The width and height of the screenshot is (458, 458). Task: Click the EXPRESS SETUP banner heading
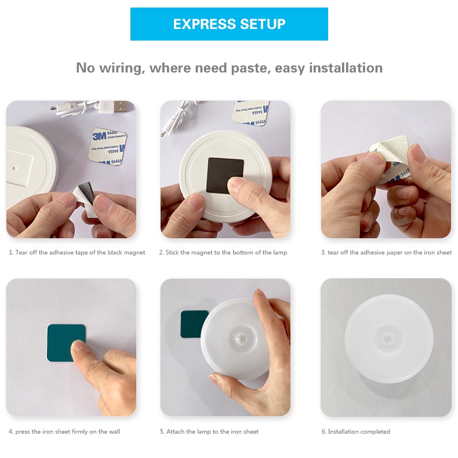point(229,24)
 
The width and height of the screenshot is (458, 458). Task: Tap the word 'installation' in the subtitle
point(346,68)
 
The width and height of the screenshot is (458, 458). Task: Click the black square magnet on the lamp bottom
point(224,175)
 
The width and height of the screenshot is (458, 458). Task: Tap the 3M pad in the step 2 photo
point(252,112)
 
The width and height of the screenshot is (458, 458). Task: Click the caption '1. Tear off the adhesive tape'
point(77,253)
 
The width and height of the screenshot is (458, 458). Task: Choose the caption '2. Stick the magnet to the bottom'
point(223,253)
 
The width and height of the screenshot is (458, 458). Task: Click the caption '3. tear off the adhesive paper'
point(386,253)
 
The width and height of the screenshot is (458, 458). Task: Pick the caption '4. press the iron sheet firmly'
point(64,432)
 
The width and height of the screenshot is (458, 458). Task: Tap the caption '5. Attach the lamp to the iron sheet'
point(209,432)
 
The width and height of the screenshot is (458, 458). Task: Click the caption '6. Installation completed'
point(355,432)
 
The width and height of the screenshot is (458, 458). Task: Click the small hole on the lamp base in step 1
point(14,169)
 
